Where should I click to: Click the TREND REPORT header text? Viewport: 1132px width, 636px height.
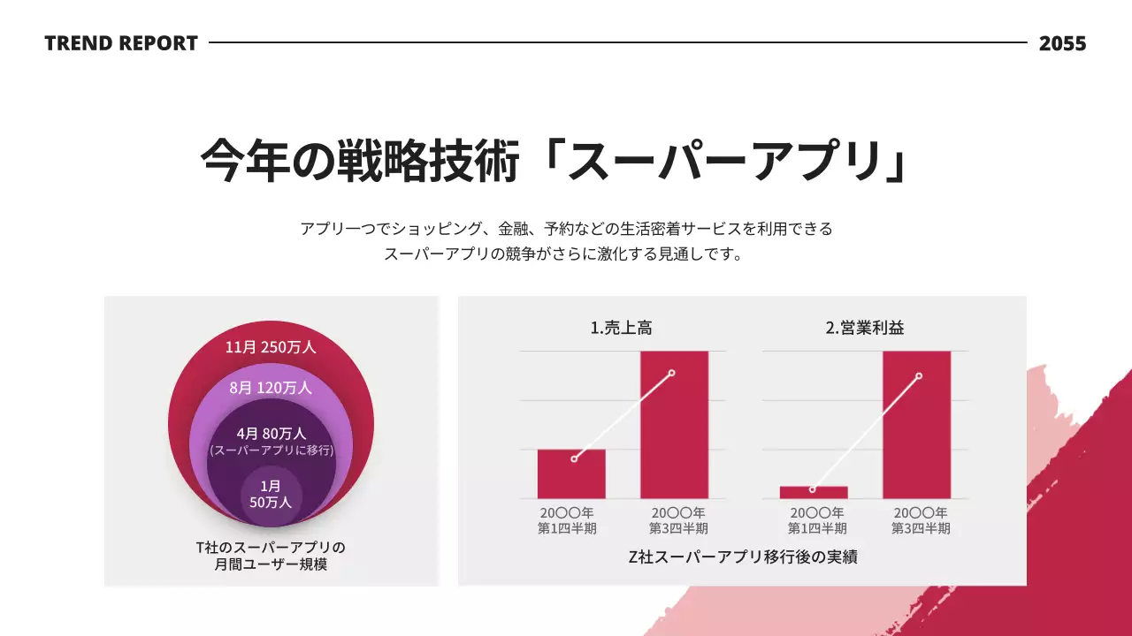tap(121, 42)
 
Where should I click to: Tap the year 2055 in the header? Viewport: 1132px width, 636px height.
tap(1062, 42)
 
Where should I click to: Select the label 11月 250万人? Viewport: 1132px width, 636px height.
tap(271, 347)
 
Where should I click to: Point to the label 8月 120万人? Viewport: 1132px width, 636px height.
tap(271, 388)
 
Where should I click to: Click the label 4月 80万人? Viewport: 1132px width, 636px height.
tap(271, 434)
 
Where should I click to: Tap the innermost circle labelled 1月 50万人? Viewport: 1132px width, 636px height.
tap(271, 494)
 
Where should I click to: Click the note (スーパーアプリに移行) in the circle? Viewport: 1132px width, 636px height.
tap(271, 450)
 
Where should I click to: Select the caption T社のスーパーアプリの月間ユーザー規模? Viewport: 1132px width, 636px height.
tap(271, 556)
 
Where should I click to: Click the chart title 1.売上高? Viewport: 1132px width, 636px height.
tap(622, 328)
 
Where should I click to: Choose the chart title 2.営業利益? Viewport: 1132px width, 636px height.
tap(864, 328)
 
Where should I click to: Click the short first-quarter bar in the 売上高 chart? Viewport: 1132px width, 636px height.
tap(571, 477)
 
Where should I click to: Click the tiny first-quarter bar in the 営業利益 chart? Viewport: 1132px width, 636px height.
tap(814, 493)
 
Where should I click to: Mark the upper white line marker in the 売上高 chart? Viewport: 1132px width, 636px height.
tap(672, 373)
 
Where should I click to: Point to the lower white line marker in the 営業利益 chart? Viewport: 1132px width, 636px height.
tap(813, 489)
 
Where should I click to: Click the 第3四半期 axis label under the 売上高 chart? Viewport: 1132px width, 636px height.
tap(678, 529)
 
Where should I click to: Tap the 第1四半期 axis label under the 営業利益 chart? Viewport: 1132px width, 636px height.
tap(817, 529)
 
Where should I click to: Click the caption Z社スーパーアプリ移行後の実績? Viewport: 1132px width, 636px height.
tap(742, 557)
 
